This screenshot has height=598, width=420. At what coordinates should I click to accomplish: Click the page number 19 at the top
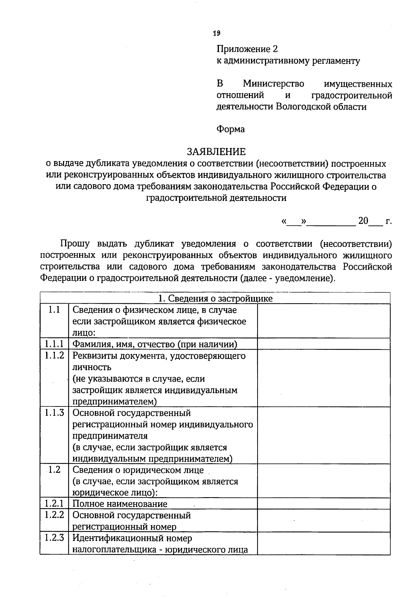click(216, 33)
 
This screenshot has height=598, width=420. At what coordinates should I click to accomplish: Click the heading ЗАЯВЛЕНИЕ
click(216, 152)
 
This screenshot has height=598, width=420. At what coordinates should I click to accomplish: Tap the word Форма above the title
click(230, 129)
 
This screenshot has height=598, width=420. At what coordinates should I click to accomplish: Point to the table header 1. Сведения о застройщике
click(215, 298)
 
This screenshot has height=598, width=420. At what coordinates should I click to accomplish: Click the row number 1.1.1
click(54, 344)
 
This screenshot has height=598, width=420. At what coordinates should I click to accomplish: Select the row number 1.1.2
click(54, 356)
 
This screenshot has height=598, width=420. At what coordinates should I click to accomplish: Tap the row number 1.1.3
click(54, 413)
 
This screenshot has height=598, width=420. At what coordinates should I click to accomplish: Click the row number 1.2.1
click(54, 504)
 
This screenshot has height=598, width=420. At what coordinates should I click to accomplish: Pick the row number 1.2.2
click(54, 515)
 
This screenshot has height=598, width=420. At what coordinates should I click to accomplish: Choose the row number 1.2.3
click(54, 538)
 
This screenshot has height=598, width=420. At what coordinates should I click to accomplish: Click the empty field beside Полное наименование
click(323, 503)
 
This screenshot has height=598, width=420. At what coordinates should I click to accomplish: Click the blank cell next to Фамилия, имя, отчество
click(323, 344)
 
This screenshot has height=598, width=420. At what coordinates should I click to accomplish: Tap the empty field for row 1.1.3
click(323, 435)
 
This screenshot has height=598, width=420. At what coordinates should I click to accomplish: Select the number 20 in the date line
click(363, 221)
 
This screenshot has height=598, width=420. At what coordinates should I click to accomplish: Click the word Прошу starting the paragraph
click(75, 244)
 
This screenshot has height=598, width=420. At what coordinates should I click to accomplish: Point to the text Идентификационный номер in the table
click(132, 538)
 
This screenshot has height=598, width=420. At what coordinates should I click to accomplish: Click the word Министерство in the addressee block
click(273, 84)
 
